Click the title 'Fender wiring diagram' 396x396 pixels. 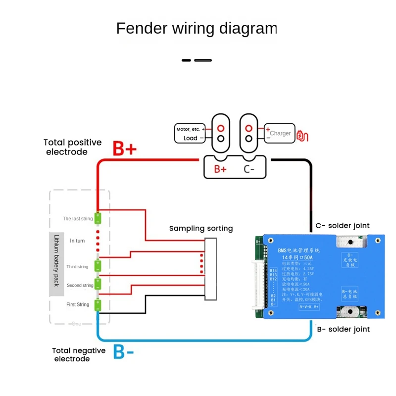tap(196, 28)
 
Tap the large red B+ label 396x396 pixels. tap(124, 148)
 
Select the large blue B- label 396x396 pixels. tap(124, 352)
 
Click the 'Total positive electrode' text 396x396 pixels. tap(73, 147)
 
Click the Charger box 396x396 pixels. tap(279, 134)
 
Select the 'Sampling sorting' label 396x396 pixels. tap(201, 228)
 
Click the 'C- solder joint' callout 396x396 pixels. tap(343, 226)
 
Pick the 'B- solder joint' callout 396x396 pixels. tap(343, 329)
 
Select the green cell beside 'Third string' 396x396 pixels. tap(98, 266)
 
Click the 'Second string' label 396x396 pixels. tap(80, 286)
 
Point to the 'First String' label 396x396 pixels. tap(78, 304)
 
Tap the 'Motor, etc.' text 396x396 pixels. tap(190, 129)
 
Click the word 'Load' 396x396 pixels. tap(191, 139)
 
